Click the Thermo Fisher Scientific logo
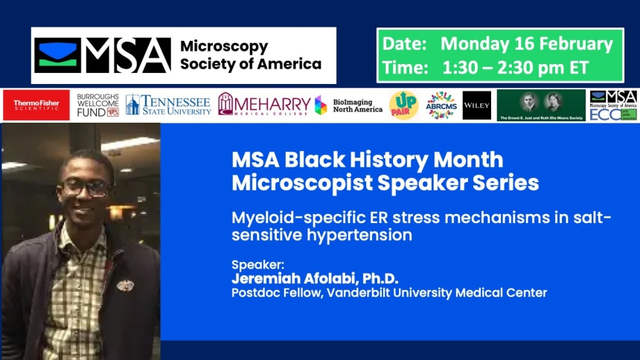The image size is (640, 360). (x=36, y=105)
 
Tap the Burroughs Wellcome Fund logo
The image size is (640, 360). (x=97, y=105)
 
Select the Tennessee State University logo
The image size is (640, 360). (x=168, y=105)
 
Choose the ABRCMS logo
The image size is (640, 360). (x=441, y=105)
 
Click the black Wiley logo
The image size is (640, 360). (x=476, y=105)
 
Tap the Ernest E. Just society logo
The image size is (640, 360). (x=541, y=105)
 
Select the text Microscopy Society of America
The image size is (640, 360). (x=250, y=56)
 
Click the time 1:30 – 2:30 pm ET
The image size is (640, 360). (x=515, y=68)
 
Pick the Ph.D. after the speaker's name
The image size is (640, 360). (x=377, y=278)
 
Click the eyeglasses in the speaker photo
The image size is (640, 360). (x=85, y=188)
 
